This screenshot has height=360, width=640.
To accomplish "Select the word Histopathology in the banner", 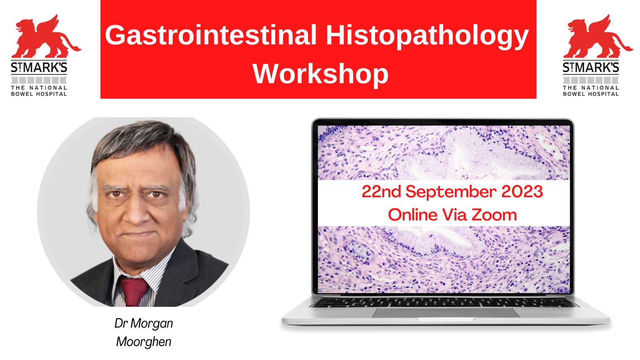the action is point(427,37).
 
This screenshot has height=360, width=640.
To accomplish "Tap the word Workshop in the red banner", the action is point(320,74).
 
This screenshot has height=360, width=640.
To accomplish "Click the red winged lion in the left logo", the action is point(46,36).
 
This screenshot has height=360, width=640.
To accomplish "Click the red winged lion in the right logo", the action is point(598,36).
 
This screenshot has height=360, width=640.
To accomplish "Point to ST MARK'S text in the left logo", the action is point(39,68).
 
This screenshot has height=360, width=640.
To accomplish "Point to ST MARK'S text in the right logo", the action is point(591,68).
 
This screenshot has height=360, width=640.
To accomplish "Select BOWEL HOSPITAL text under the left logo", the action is point(39,94).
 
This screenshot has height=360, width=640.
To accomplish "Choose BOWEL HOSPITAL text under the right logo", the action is point(591,94).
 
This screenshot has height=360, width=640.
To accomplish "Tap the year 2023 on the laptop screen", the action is point(522,192).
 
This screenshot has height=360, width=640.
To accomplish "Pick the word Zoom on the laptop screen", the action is point(494,215).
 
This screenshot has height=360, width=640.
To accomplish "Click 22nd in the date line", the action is point(382,192).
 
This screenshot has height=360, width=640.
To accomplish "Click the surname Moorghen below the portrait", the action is point(144,342).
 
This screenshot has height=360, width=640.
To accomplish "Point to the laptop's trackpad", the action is point(446,312).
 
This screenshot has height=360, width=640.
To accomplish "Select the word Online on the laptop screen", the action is point(412,215).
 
